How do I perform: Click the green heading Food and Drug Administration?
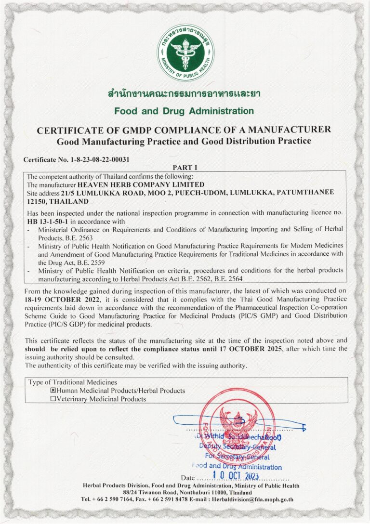[184, 111]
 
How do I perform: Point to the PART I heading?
[185, 168]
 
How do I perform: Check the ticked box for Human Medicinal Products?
[53, 391]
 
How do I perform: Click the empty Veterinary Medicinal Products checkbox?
[53, 399]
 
